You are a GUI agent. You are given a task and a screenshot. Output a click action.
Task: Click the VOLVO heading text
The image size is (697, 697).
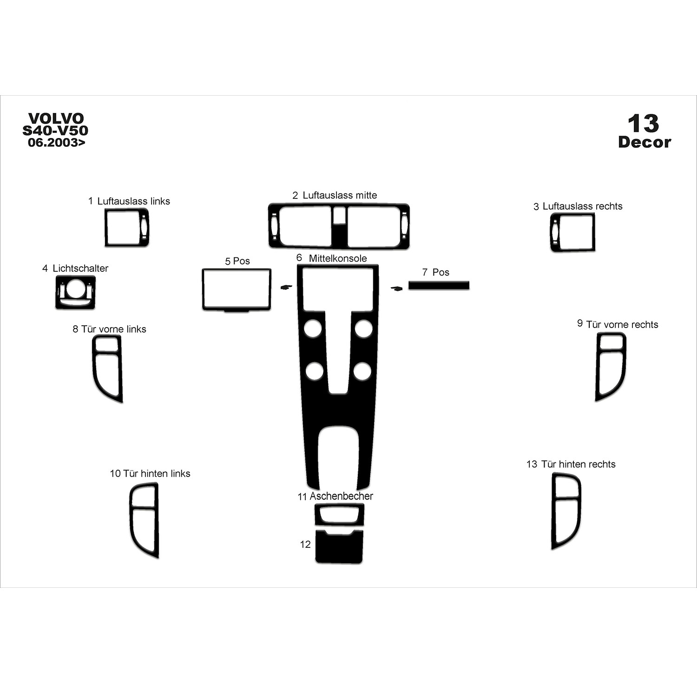(56, 118)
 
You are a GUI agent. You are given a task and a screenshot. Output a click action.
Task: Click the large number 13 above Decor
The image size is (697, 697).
(644, 124)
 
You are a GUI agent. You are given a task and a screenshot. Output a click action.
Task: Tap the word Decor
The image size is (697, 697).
(644, 142)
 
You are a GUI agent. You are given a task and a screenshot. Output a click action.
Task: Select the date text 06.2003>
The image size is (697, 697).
(57, 143)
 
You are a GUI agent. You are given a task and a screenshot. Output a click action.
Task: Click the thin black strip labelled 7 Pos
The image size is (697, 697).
(439, 285)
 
